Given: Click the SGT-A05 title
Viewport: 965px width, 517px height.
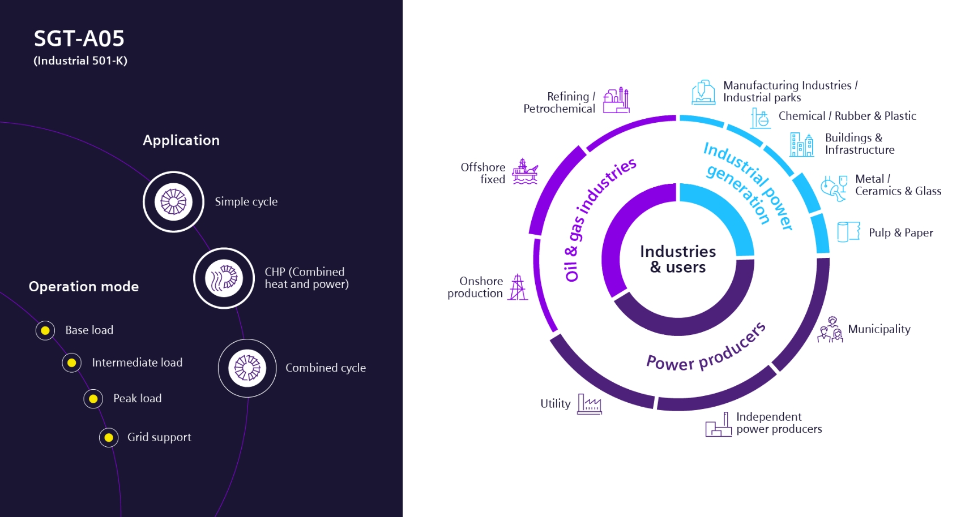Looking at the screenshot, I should click(79, 38).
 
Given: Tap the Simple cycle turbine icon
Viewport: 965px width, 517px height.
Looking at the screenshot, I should click(173, 202).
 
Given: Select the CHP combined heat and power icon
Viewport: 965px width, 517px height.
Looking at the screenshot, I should click(224, 278).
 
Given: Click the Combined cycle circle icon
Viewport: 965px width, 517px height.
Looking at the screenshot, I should click(247, 368).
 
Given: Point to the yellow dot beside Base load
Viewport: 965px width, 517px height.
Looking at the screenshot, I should click(45, 330).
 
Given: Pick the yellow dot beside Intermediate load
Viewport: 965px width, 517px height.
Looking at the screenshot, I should click(72, 363).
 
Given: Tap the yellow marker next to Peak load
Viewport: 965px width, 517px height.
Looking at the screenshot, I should click(93, 399).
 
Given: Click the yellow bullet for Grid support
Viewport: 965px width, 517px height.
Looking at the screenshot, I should click(109, 437).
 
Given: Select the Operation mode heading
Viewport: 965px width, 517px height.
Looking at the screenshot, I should click(84, 287).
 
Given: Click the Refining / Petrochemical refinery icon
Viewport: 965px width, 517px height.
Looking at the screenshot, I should click(616, 101).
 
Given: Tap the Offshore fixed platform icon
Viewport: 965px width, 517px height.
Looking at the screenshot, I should click(525, 171).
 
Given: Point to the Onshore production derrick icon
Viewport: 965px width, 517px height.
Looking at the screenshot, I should click(517, 287).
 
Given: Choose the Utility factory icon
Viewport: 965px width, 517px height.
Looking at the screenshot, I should click(589, 404).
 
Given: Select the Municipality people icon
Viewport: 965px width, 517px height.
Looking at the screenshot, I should click(830, 330).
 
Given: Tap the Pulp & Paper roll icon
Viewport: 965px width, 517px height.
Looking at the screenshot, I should click(848, 232).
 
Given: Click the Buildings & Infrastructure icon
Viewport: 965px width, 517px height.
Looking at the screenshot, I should click(802, 144).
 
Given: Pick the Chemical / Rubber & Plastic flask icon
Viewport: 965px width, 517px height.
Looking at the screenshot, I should click(760, 118).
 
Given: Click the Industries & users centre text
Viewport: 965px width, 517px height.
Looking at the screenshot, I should click(678, 259).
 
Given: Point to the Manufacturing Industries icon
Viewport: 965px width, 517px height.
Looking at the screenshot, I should click(703, 92).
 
